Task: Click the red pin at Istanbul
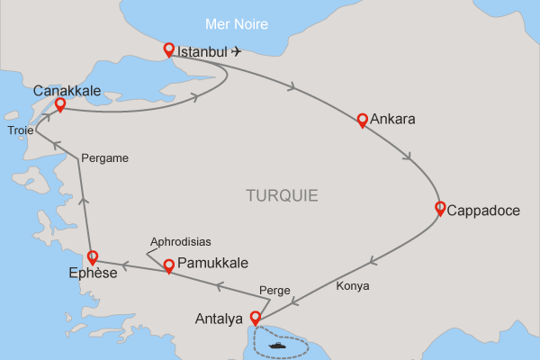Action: (167, 49)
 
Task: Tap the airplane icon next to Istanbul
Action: (237, 51)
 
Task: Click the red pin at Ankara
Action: (362, 120)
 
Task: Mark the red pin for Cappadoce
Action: (440, 208)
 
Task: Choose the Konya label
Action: (353, 286)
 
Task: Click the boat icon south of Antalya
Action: (275, 343)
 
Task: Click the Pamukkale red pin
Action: (168, 265)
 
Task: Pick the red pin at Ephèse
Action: (92, 256)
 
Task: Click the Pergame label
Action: (104, 158)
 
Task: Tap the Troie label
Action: (21, 130)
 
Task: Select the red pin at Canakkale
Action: (59, 104)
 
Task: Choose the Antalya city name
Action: (219, 319)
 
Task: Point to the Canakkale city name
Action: (67, 90)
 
